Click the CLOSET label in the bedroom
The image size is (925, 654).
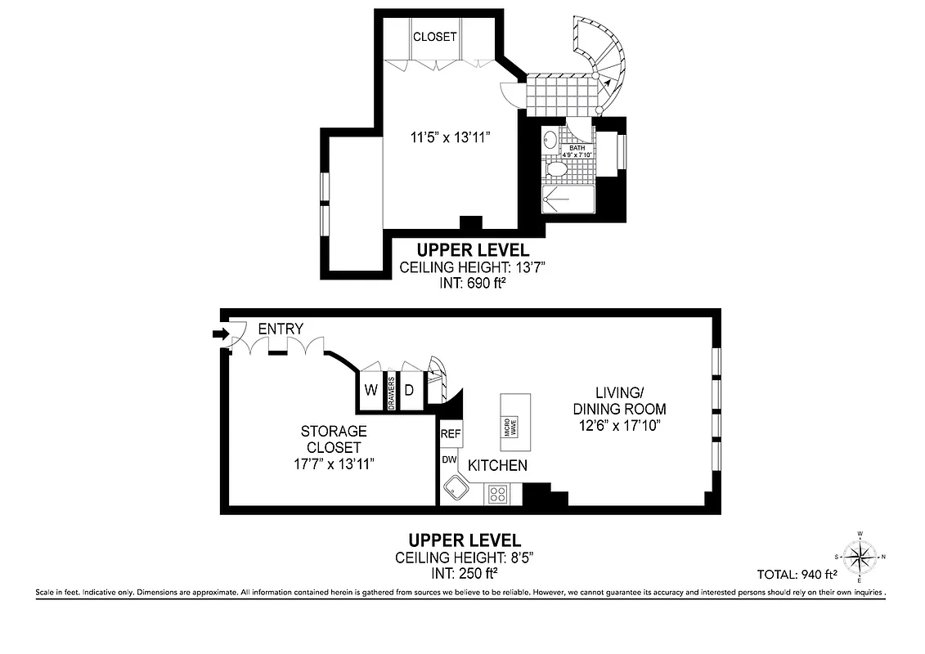[x=434, y=37]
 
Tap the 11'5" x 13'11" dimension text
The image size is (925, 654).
[x=450, y=137]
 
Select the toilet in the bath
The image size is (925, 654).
[x=556, y=169]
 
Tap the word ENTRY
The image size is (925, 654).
[x=280, y=329]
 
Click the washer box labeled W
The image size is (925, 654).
[x=370, y=390]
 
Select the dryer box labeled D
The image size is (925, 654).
[x=410, y=390]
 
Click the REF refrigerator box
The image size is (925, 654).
[x=450, y=434]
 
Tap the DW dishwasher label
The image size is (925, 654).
[x=448, y=460]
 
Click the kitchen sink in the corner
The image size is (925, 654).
[x=455, y=490]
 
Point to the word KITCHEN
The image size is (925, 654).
[x=496, y=465]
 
